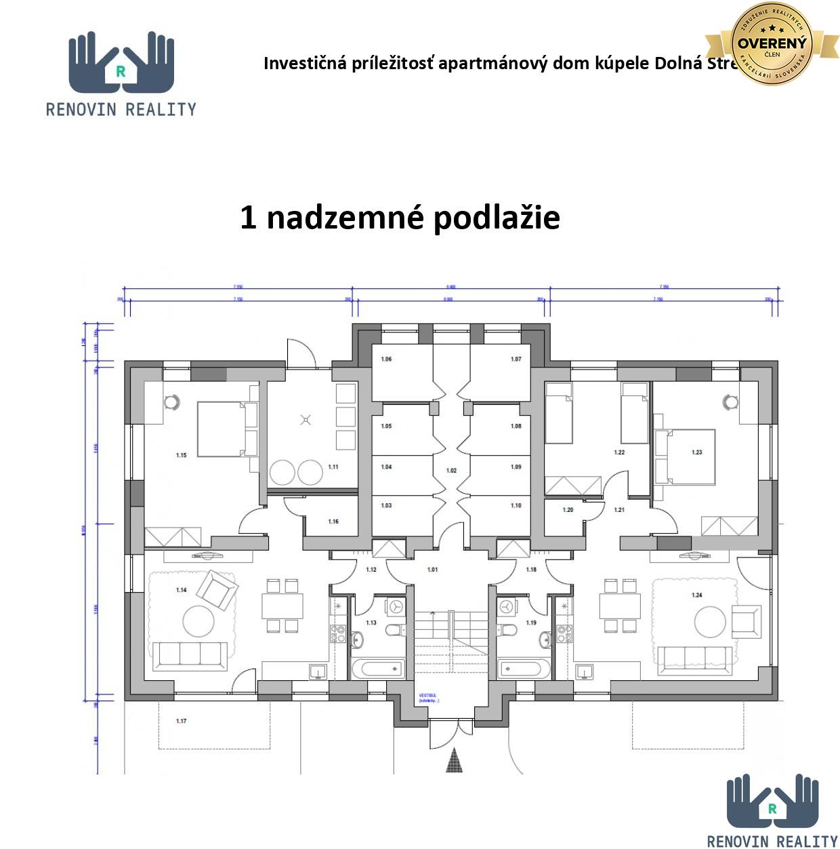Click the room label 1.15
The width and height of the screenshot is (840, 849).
pyautogui.click(x=182, y=455)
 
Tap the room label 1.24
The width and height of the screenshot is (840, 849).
pyautogui.click(x=697, y=595)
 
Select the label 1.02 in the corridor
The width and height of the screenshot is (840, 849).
pyautogui.click(x=451, y=470)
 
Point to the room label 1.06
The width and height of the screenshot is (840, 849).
pyautogui.click(x=386, y=359)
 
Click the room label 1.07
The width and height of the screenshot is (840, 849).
pyautogui.click(x=516, y=359)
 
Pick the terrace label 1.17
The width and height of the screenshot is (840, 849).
pyautogui.click(x=181, y=721)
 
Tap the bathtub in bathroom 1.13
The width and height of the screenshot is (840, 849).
pyautogui.click(x=378, y=669)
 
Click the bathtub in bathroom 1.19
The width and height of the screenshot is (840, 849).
pyautogui.click(x=524, y=669)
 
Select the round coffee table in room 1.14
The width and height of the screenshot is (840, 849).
pyautogui.click(x=198, y=620)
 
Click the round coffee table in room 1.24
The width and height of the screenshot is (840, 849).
pyautogui.click(x=709, y=620)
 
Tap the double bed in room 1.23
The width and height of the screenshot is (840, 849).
pyautogui.click(x=686, y=456)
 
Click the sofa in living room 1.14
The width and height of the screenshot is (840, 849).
pyautogui.click(x=190, y=656)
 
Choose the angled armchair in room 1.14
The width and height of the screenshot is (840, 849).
pyautogui.click(x=217, y=590)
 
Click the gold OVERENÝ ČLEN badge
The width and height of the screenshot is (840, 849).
pyautogui.click(x=772, y=44)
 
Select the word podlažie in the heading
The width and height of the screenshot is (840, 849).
pyautogui.click(x=497, y=218)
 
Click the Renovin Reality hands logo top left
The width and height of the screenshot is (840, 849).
pyautogui.click(x=121, y=63)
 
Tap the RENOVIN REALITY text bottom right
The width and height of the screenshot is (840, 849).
pyautogui.click(x=772, y=841)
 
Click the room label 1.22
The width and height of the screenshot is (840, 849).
pyautogui.click(x=619, y=452)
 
